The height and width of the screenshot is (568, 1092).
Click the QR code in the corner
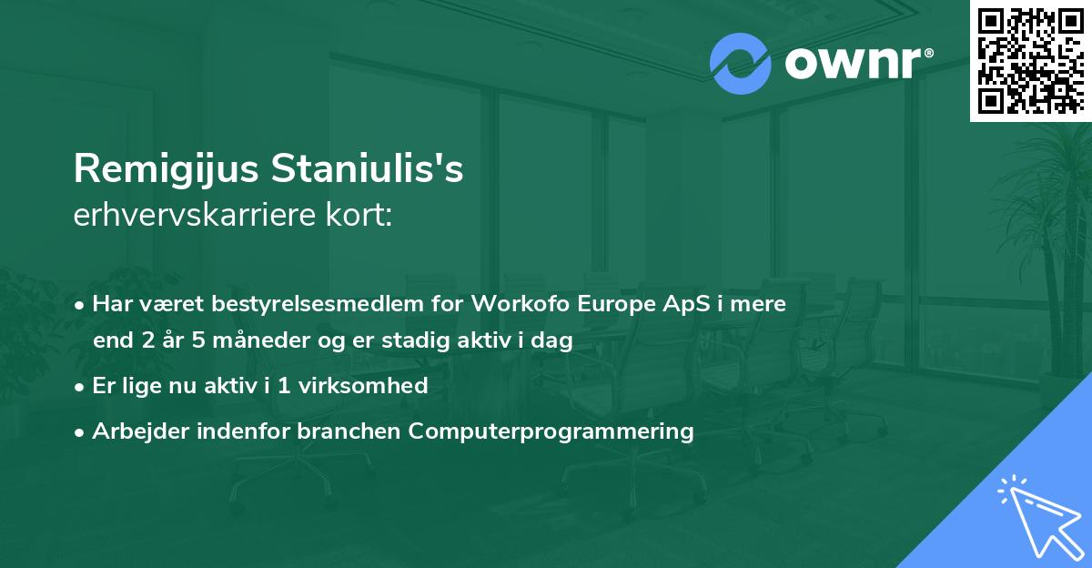(1030, 60)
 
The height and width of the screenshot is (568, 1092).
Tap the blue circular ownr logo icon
(739, 63)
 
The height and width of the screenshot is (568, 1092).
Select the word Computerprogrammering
(551, 431)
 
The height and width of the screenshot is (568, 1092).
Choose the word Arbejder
(134, 431)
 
